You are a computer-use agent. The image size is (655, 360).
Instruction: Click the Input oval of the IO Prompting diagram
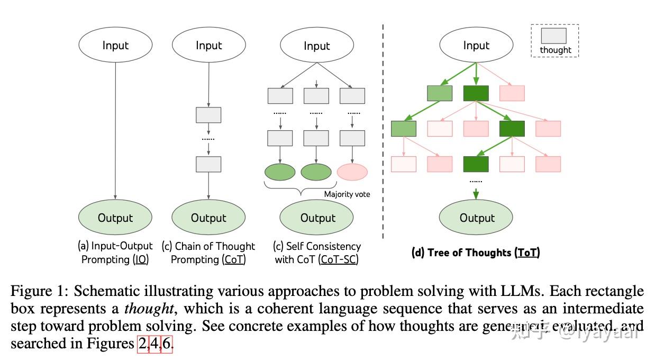click(x=115, y=46)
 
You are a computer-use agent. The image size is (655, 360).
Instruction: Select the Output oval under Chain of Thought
click(x=208, y=218)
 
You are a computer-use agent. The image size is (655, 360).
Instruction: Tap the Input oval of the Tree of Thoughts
click(x=476, y=46)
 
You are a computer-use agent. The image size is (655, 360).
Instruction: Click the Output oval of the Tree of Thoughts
click(x=476, y=218)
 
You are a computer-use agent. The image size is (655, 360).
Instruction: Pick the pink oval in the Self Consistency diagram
click(x=352, y=172)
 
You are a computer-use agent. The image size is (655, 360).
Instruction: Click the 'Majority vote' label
click(x=347, y=194)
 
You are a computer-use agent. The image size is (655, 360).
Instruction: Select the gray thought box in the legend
click(x=553, y=36)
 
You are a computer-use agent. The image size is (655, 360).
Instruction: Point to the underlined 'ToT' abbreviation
click(x=527, y=253)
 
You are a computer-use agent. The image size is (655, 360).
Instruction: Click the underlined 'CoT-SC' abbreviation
click(x=339, y=260)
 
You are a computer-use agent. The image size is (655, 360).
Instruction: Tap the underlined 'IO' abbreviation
click(x=141, y=260)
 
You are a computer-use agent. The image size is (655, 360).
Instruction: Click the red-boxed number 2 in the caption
click(x=143, y=344)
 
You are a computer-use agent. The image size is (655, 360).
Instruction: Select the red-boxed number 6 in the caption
click(x=167, y=344)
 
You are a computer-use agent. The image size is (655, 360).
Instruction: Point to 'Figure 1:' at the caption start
click(x=39, y=291)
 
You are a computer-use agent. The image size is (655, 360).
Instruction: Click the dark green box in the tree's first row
click(x=476, y=93)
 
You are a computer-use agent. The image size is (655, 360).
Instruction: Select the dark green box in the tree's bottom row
click(x=476, y=164)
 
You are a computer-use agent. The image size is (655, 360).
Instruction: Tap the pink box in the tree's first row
click(x=512, y=93)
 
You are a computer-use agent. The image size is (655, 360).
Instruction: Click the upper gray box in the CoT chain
click(x=208, y=115)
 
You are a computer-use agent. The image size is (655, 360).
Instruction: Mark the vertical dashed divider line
click(x=383, y=132)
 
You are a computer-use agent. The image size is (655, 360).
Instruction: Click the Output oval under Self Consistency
click(x=316, y=218)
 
